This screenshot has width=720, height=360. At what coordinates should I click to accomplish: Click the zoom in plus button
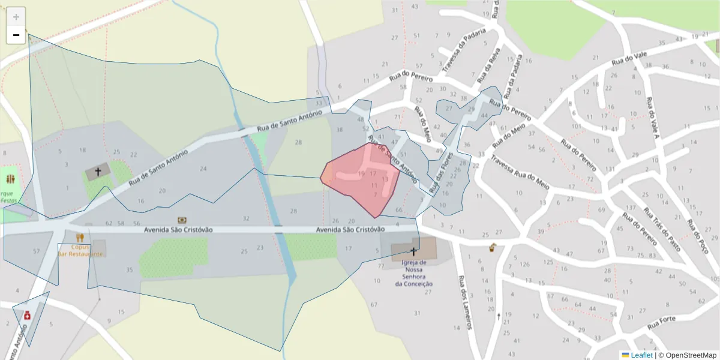[x=16, y=17]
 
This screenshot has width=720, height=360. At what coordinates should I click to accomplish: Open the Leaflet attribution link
[x=641, y=355]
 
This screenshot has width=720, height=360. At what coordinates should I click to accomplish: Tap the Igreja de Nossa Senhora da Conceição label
[x=414, y=273]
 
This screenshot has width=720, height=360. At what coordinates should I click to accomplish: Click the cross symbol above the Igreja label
[x=413, y=251]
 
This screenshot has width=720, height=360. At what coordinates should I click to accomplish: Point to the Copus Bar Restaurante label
[x=80, y=250]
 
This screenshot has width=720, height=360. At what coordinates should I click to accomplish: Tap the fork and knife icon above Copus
[x=80, y=238]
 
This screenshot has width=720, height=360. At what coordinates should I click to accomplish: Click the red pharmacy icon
[x=28, y=315]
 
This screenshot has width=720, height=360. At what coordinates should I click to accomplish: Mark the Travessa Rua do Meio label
[x=520, y=172]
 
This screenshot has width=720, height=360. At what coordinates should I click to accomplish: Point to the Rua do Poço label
[x=699, y=235]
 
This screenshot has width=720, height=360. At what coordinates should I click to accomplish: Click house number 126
[x=525, y=264]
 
